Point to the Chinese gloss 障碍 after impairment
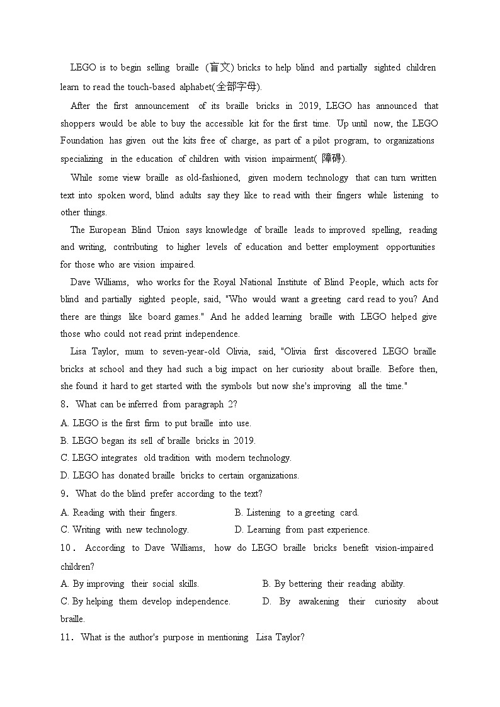(332, 159)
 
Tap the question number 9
(64, 494)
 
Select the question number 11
(65, 638)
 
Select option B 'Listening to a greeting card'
(297, 512)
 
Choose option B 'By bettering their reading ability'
(334, 584)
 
